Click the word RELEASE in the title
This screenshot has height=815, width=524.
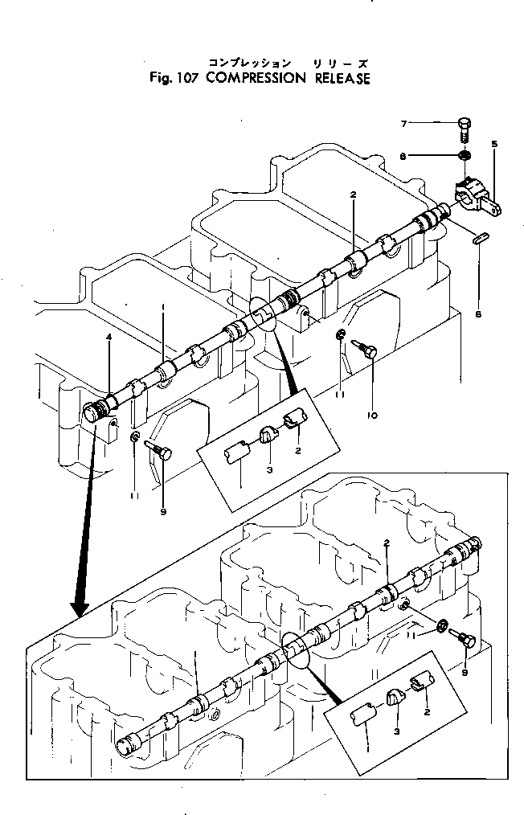pyautogui.click(x=336, y=79)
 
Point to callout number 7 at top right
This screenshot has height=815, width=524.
pyautogui.click(x=405, y=123)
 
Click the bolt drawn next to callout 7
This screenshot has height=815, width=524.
pyautogui.click(x=464, y=127)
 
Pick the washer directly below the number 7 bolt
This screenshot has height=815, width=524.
pyautogui.click(x=464, y=154)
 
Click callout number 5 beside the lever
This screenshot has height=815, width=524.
pyautogui.click(x=493, y=145)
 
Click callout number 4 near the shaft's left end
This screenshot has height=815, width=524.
pyautogui.click(x=109, y=339)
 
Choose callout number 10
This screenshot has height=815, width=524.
pyautogui.click(x=371, y=416)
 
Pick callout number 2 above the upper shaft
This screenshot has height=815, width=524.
pyautogui.click(x=353, y=195)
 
